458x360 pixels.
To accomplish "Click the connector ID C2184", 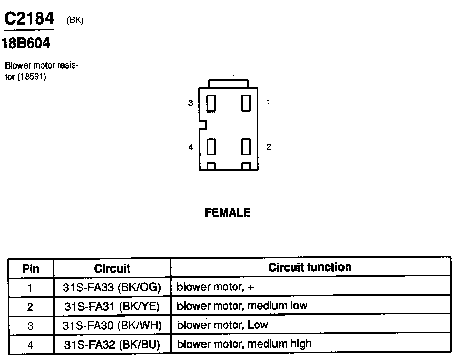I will pyautogui.click(x=29, y=19).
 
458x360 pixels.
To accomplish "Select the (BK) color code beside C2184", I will pyautogui.click(x=75, y=20).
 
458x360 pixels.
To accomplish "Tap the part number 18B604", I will pyautogui.click(x=26, y=44).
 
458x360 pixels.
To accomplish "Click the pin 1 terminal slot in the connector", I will pyautogui.click(x=246, y=103).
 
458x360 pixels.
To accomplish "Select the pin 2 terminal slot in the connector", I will pyautogui.click(x=246, y=147).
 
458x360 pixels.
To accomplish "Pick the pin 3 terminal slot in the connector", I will pyautogui.click(x=211, y=103).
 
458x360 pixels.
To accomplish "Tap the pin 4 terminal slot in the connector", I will pyautogui.click(x=211, y=147).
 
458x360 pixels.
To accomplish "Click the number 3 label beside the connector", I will pyautogui.click(x=190, y=103).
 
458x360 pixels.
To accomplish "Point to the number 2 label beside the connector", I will pyautogui.click(x=269, y=147).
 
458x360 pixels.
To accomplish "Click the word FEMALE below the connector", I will pyautogui.click(x=228, y=213).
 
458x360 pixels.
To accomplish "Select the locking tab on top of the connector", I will pyautogui.click(x=228, y=83).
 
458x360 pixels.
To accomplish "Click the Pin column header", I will pyautogui.click(x=31, y=268).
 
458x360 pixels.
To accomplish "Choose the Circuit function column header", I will pyautogui.click(x=310, y=267).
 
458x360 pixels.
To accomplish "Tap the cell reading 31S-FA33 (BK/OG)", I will pyautogui.click(x=112, y=287).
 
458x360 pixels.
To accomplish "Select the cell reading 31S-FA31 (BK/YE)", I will pyautogui.click(x=112, y=306).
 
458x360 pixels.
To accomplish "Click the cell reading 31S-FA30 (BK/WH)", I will pyautogui.click(x=112, y=325).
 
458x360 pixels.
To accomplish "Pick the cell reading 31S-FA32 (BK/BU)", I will pyautogui.click(x=112, y=344).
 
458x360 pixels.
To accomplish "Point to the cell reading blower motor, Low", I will pyautogui.click(x=222, y=325).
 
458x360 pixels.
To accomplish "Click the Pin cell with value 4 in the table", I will pyautogui.click(x=31, y=345).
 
